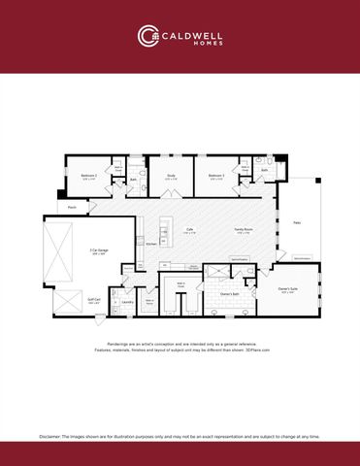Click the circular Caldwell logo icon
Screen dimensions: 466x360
coord(148,36)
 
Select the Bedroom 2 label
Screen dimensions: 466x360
coord(87,176)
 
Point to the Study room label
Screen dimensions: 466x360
coord(171,176)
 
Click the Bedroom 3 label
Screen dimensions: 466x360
coord(215,176)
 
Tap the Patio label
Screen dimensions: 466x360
coord(297,223)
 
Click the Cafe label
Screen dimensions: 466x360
coord(191,230)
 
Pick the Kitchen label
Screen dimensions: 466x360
coord(151,244)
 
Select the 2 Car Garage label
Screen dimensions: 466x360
coord(99,251)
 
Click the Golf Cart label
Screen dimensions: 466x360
coord(93,301)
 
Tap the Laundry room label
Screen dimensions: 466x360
coord(127,302)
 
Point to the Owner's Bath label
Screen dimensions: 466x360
coord(231,292)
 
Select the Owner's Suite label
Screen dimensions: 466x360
coord(288,289)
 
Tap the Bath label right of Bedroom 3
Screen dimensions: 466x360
coord(264,170)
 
